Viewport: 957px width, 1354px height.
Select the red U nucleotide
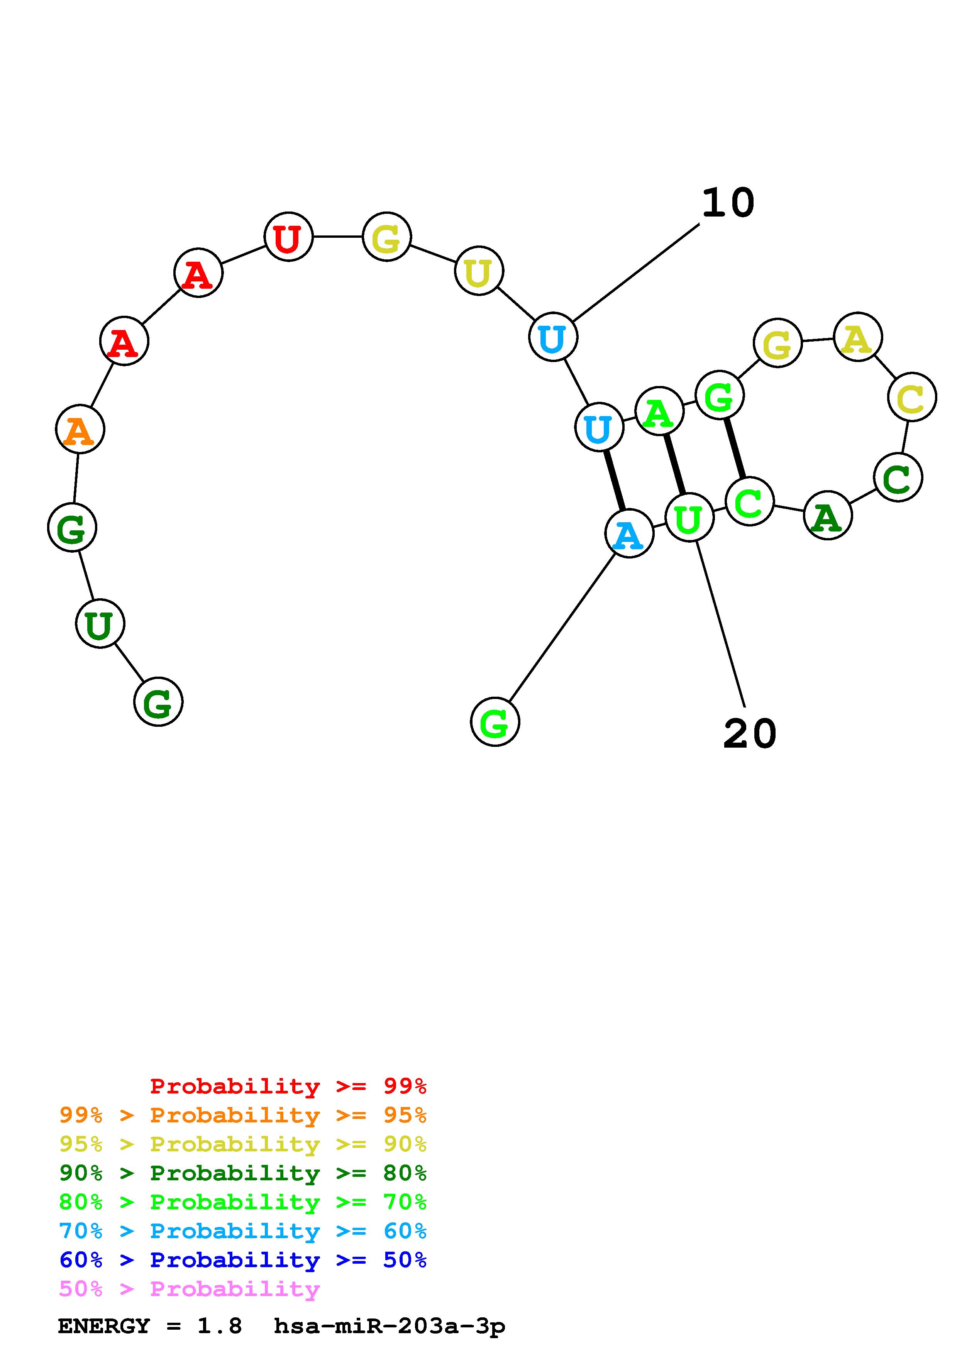288,237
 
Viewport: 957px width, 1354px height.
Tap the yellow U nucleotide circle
479,271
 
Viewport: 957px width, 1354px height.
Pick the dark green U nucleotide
100,623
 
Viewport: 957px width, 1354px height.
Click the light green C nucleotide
749,501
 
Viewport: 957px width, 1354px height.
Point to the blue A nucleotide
629,534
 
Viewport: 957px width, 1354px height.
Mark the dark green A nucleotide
828,515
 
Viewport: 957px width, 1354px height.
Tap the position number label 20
749,734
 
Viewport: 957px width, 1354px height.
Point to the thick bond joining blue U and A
614,481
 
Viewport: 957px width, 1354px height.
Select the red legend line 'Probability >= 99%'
288,1086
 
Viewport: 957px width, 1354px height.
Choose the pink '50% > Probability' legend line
189,1289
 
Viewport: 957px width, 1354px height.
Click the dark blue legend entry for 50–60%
243,1260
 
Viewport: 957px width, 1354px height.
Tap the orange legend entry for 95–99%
243,1115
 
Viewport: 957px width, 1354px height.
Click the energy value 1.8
219,1326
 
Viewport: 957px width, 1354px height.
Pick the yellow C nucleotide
911,397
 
